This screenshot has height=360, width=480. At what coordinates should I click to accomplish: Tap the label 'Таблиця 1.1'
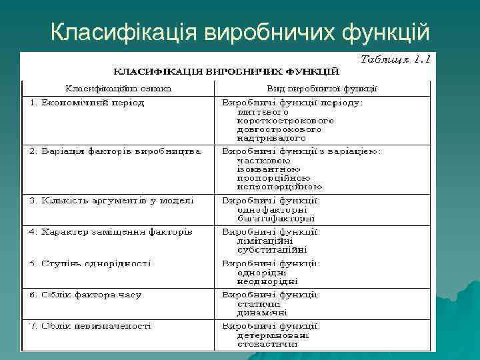(395, 59)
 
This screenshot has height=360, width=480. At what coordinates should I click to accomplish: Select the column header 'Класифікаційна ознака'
(118, 87)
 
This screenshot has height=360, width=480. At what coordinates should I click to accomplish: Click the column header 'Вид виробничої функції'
(322, 87)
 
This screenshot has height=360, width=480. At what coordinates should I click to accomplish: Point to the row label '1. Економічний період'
(87, 103)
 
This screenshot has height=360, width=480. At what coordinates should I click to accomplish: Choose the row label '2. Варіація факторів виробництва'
(115, 151)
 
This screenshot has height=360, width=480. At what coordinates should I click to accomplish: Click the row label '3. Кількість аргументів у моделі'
(111, 200)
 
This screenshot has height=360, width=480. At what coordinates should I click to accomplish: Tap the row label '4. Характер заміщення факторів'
(111, 232)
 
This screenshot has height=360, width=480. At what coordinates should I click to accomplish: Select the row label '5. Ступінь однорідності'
(91, 263)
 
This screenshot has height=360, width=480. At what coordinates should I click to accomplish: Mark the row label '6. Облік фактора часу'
(85, 295)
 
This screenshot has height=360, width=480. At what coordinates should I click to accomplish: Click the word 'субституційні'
(272, 250)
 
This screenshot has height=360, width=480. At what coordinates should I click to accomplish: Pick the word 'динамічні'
(263, 312)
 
